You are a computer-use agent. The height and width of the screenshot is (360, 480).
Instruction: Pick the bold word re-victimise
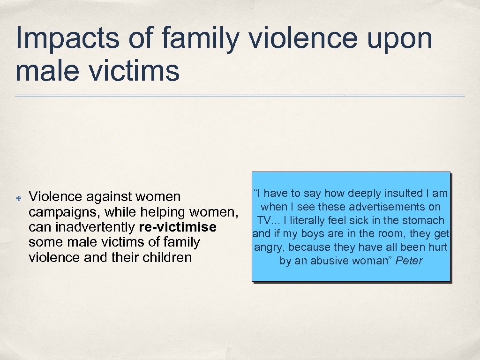[x=178, y=227]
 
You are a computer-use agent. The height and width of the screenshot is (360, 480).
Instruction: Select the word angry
[x=269, y=247]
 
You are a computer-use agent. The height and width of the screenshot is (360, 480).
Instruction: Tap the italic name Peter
[x=409, y=261]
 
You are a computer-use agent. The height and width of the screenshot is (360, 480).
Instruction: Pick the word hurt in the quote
[x=437, y=247]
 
